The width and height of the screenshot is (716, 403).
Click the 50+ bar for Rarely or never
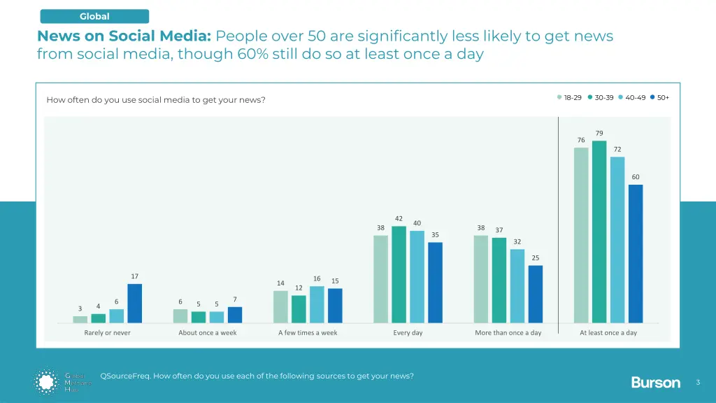click(134, 304)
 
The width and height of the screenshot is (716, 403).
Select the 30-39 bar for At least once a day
click(599, 232)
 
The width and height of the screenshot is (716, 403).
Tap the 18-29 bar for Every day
click(380, 279)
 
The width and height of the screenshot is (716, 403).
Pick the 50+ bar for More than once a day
click(536, 294)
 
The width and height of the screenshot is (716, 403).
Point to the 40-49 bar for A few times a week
click(317, 305)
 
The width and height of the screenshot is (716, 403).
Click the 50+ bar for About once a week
click(235, 315)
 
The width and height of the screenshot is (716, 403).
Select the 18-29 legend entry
click(569, 97)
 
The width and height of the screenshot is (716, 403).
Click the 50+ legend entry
click(659, 97)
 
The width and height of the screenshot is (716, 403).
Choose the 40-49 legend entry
click(631, 97)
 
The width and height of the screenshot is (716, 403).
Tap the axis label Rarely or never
click(107, 333)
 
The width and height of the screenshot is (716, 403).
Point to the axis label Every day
click(408, 333)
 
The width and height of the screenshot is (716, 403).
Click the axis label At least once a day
click(608, 333)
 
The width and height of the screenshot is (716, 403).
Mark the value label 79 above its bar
click(599, 133)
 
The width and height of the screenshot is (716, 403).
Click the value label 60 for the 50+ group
click(636, 177)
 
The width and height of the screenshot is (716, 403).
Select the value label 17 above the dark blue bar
click(134, 276)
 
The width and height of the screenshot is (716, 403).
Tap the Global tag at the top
click(94, 16)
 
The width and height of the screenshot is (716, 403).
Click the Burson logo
click(655, 382)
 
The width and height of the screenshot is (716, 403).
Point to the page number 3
click(698, 382)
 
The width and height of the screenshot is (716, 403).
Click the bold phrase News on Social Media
click(124, 36)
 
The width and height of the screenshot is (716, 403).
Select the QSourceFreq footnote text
click(257, 376)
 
